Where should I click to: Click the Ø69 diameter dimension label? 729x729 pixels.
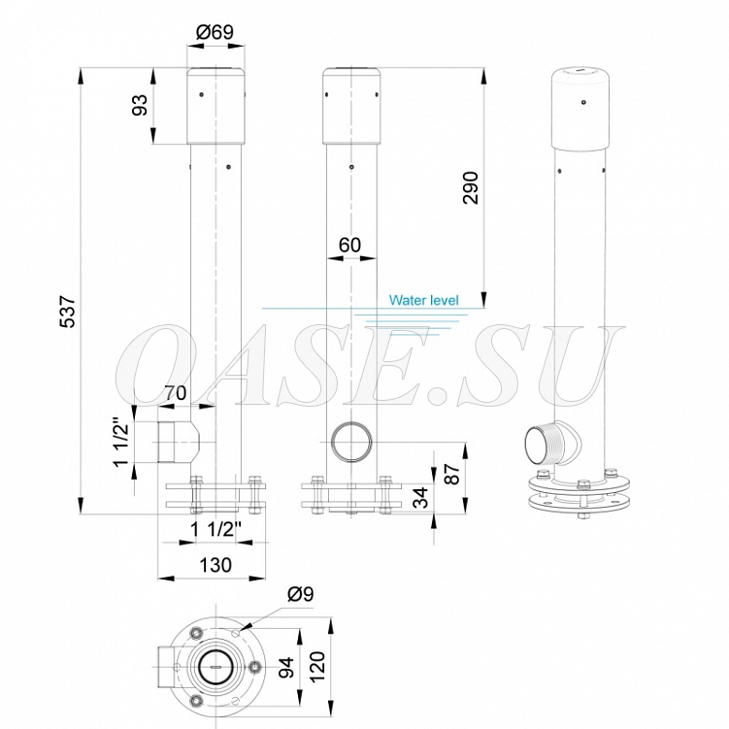click(x=215, y=32)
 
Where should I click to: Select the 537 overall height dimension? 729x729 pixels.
click(x=67, y=312)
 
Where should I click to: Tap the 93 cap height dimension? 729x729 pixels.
click(x=140, y=106)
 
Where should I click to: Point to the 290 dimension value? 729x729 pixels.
click(x=470, y=187)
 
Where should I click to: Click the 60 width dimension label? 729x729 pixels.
click(x=349, y=245)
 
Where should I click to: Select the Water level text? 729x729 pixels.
click(x=423, y=300)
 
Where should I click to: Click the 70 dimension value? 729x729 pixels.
click(x=176, y=393)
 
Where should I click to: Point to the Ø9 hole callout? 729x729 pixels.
click(x=301, y=594)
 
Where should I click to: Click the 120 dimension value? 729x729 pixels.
click(x=319, y=667)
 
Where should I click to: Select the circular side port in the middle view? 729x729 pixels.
click(x=350, y=443)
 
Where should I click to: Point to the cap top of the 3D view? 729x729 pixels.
click(x=580, y=71)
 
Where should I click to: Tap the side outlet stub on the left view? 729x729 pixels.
click(x=173, y=441)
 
